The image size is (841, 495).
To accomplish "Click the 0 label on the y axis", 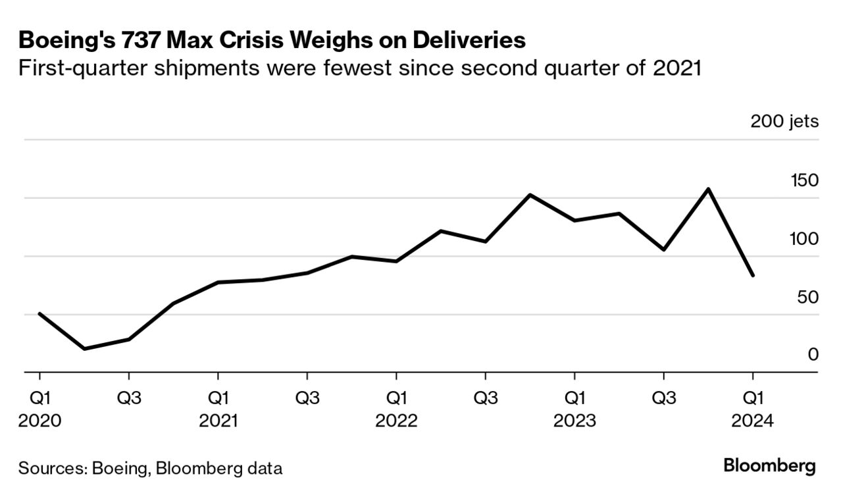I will (813, 355).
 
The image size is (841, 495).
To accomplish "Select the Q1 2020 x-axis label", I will (39, 408).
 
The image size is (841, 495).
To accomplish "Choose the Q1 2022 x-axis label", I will (396, 408).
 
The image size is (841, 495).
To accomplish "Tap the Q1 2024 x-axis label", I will (753, 408).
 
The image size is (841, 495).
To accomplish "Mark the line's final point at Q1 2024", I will (753, 276).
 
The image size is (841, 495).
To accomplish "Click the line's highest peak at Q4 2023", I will (708, 189).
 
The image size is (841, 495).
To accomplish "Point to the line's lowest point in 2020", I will (84, 348).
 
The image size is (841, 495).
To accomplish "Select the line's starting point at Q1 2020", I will (39, 313).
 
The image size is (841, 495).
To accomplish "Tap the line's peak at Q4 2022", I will (530, 195).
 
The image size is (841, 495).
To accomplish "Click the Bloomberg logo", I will (769, 467).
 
